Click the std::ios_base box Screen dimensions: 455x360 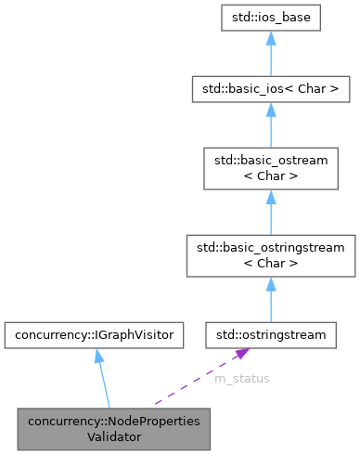270,18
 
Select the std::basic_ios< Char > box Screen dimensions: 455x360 270,90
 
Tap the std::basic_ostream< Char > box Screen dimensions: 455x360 270,167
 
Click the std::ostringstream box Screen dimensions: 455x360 270,331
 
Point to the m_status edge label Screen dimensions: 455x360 242,380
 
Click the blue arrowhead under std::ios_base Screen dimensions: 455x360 270,39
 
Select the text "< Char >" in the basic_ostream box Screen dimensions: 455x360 270,175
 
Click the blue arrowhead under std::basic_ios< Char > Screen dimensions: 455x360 270,110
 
